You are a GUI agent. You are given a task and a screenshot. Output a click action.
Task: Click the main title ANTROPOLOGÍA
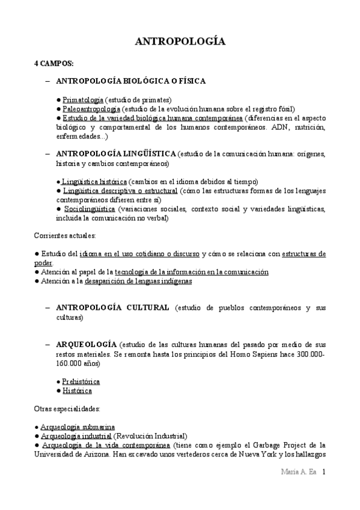(x=180, y=41)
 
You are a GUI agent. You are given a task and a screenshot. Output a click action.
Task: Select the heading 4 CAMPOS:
(x=53, y=63)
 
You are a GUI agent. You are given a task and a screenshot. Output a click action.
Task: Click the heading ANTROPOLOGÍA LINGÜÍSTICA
(x=116, y=153)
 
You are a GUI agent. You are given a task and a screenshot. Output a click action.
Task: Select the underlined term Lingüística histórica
(x=94, y=182)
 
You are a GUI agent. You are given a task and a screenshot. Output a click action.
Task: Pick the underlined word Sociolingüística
(x=90, y=209)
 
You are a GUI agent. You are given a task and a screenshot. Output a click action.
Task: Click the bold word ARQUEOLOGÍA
(x=86, y=345)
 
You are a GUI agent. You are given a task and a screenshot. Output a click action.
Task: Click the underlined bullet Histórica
(x=77, y=390)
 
